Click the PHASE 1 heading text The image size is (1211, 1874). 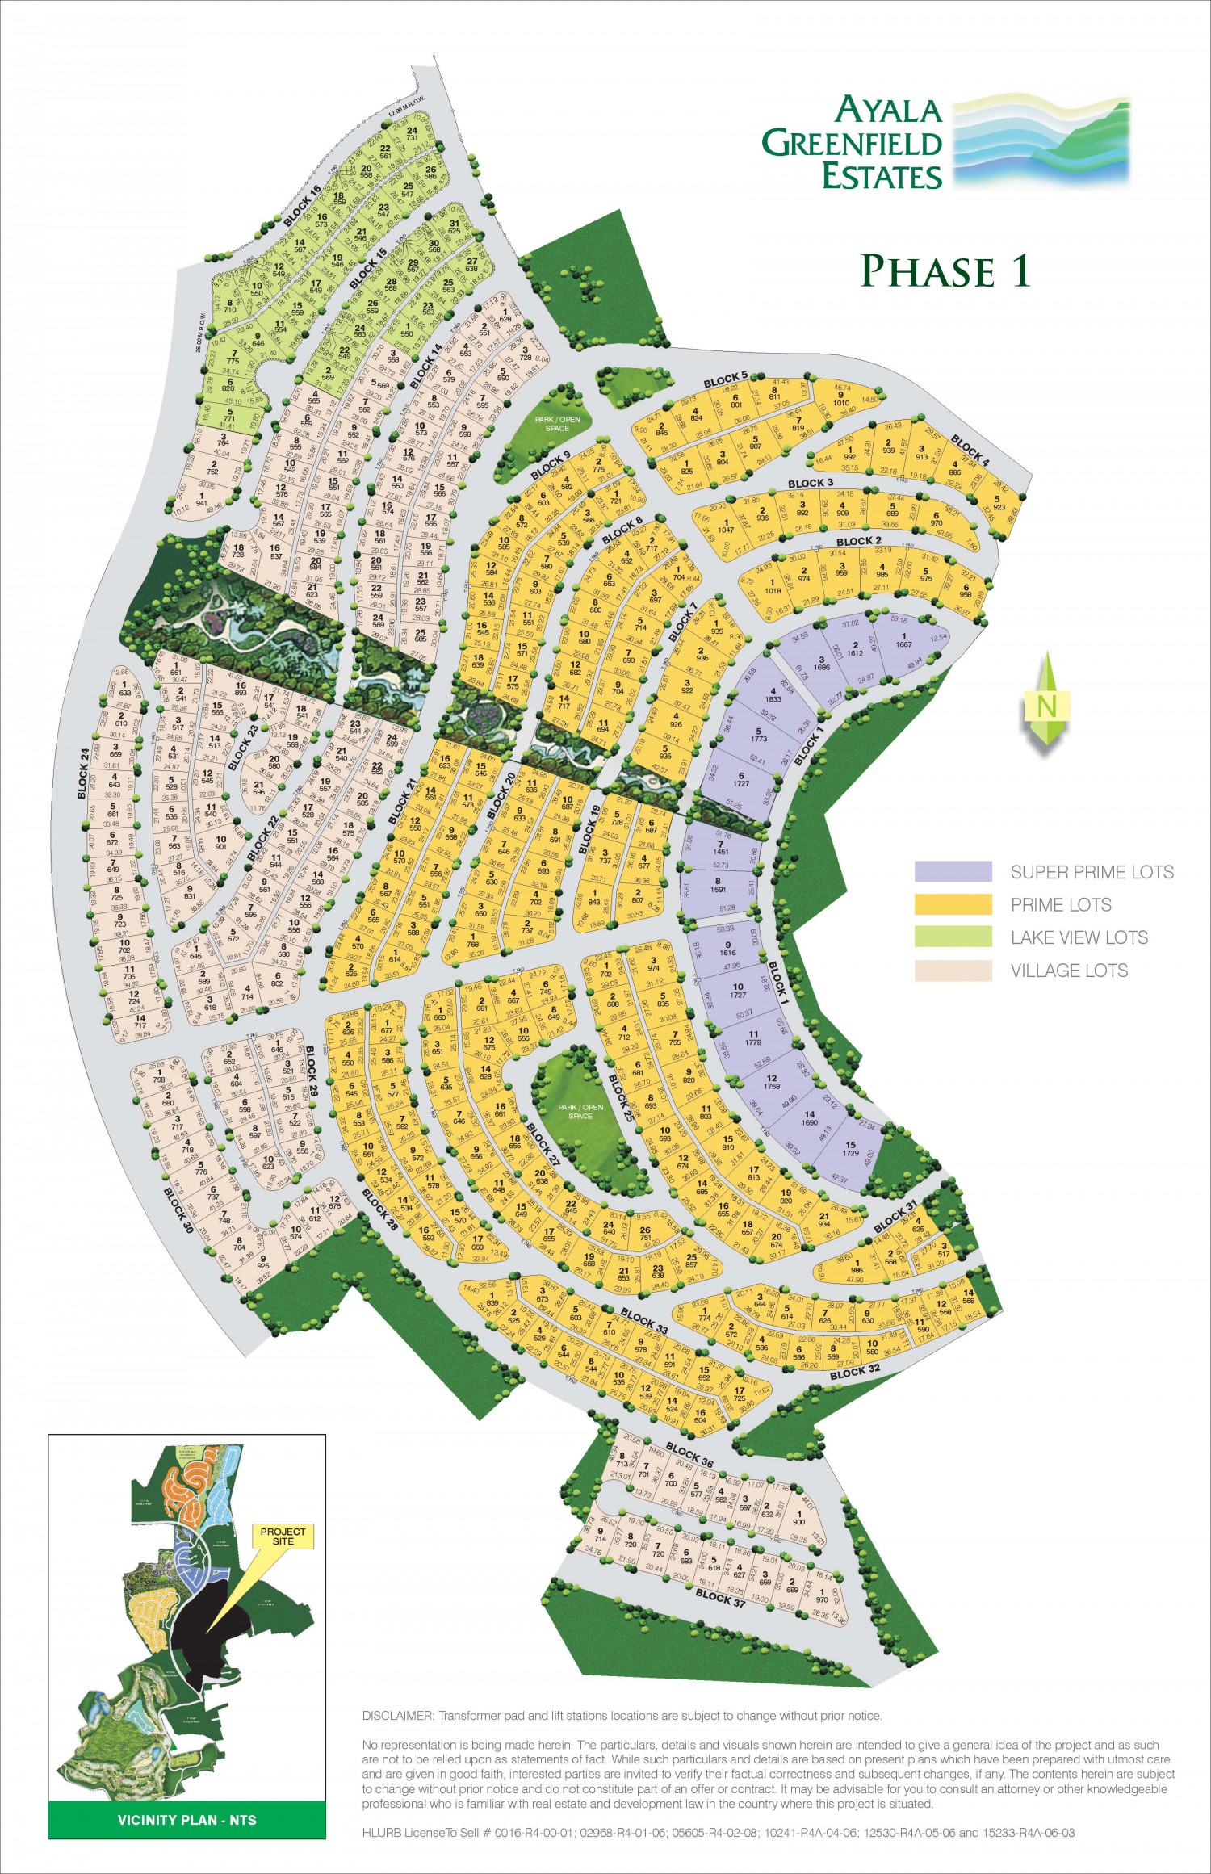point(945,270)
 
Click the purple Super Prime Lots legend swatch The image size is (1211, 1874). point(953,871)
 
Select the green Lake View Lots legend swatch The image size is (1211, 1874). point(953,937)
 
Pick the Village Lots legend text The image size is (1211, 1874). point(1068,971)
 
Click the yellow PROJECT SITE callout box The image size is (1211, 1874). point(283,1536)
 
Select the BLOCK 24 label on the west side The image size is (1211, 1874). point(83,773)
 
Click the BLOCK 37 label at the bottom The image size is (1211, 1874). point(720,1595)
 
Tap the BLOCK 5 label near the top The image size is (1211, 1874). point(725,379)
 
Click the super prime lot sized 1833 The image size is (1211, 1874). point(773,695)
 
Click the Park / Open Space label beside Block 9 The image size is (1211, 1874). point(557,424)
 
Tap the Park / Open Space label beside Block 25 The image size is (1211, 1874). point(580,1111)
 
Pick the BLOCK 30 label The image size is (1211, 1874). point(178,1210)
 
